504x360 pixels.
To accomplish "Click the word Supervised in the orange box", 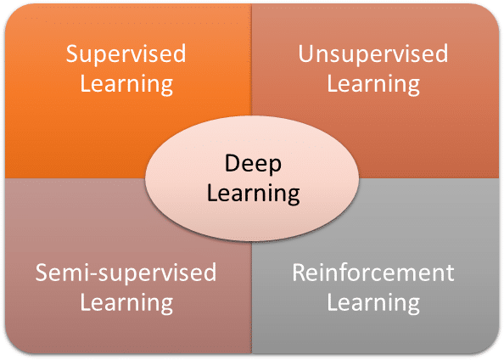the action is coord(126,54).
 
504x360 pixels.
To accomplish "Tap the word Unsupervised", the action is coord(373,53).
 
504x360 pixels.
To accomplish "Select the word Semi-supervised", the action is coord(126,273).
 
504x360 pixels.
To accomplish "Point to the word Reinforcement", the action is coord(373,273).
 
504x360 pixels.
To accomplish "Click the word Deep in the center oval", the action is coord(253,164).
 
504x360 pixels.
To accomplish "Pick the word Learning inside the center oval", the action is coord(254,194).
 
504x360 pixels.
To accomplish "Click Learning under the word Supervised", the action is coord(126,84).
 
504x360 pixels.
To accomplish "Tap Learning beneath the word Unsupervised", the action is coord(373,84).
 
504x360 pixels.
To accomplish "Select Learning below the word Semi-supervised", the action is coord(126,303).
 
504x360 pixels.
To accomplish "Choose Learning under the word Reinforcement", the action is coord(373,303).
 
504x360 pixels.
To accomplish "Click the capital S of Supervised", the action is coord(72,53).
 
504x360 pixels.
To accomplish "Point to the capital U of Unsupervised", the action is coord(306,53).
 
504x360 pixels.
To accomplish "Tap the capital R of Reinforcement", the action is coord(299,273).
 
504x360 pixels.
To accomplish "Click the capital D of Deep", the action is coord(232,163).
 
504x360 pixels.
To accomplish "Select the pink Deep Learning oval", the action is coord(252,178).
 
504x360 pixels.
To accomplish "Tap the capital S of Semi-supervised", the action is coord(42,273).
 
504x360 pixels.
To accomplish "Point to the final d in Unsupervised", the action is coord(442,53).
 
